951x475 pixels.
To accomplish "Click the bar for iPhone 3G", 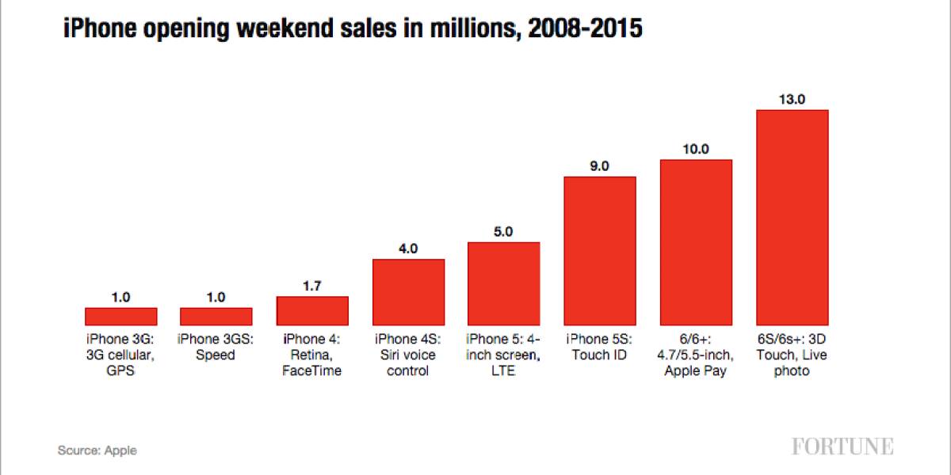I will point(120,317).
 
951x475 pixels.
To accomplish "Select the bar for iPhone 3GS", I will point(216,317).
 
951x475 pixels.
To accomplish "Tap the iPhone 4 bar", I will point(312,311).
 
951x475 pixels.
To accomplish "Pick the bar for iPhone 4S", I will point(408,292).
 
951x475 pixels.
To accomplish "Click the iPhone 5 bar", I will point(504,283).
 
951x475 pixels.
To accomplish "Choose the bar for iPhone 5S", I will point(600,251).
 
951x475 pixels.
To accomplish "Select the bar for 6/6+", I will point(696,242).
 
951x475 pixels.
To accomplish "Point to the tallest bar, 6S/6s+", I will point(792,218).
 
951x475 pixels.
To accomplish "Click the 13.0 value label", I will point(792,99).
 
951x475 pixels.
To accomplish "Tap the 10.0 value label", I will point(696,149).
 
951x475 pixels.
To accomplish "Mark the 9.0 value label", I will point(600,165).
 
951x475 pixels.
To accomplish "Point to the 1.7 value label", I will point(312,286).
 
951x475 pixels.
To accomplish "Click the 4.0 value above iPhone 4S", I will point(408,249).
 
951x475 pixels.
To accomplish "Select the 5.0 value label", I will point(504,232).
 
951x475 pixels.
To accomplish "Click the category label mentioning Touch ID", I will point(600,347).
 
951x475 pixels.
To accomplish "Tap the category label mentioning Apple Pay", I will point(696,355).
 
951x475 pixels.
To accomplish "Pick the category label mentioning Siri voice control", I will point(408,355).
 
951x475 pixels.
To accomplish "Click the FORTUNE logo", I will point(842,446).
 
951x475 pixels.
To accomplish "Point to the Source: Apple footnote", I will point(97,450).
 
